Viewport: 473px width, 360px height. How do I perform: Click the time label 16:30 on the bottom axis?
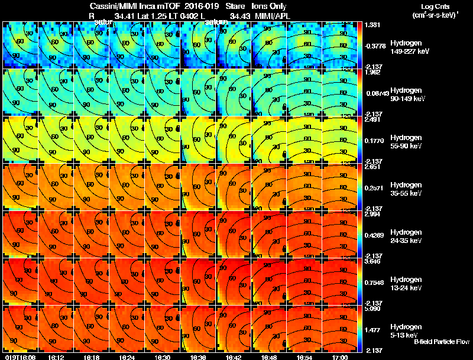click(x=163, y=357)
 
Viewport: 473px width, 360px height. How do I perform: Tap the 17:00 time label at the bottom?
click(x=340, y=357)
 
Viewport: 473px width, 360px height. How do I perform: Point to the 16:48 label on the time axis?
click(x=269, y=357)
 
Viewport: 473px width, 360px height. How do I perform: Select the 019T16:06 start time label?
click(x=20, y=357)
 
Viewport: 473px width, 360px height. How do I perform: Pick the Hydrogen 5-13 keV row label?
click(x=406, y=330)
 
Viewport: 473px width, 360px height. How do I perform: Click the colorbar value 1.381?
click(x=371, y=24)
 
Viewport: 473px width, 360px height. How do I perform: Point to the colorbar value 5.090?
click(x=371, y=308)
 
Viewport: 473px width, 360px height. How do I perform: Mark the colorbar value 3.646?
click(x=371, y=261)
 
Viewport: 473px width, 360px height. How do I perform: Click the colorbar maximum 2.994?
click(x=371, y=213)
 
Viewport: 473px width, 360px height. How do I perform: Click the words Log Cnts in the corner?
click(x=429, y=7)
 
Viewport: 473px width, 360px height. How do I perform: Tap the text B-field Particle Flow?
click(x=442, y=342)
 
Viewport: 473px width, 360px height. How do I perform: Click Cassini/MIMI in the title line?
click(x=105, y=6)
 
